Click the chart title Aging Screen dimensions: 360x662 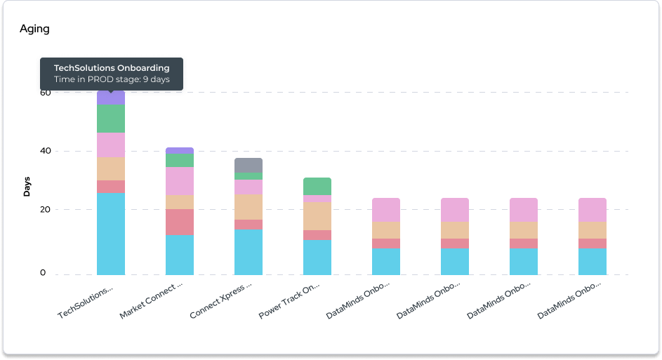point(34,29)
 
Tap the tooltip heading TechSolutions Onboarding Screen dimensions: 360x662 point(112,68)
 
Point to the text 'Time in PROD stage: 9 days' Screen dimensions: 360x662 point(112,79)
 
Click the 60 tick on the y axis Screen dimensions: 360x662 point(45,92)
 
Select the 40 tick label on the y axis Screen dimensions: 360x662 point(45,151)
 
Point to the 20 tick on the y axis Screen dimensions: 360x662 point(45,210)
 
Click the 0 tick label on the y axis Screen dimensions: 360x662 point(43,273)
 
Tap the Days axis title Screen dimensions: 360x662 point(27,185)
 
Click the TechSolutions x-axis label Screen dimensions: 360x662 point(86,302)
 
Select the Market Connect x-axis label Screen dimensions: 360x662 point(151,302)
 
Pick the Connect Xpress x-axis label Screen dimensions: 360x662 point(220,302)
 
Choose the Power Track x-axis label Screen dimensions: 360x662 point(289,302)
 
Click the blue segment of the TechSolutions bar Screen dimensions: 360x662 point(111,234)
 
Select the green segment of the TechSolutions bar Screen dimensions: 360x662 point(111,119)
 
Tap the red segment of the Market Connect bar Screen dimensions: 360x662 point(180,222)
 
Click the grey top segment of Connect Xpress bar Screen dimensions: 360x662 point(249,165)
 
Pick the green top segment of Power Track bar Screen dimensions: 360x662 point(317,186)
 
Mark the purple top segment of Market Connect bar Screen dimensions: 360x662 point(180,151)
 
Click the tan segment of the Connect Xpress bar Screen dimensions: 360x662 point(249,207)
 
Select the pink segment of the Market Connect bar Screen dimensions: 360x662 point(180,181)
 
